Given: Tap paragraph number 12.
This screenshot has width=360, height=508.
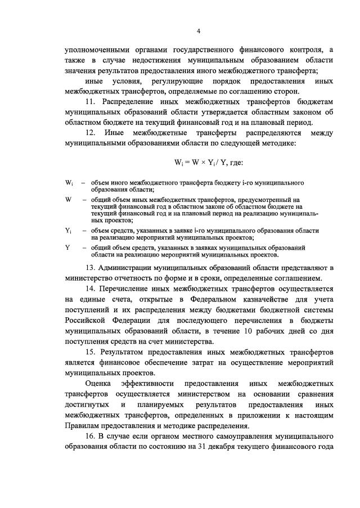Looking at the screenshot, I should click(x=91, y=133).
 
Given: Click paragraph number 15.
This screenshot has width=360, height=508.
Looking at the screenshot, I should click(x=91, y=352).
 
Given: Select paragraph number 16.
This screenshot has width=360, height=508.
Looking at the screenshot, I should click(x=91, y=437).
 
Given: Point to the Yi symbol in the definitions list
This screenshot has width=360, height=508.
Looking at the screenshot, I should click(x=68, y=231).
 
